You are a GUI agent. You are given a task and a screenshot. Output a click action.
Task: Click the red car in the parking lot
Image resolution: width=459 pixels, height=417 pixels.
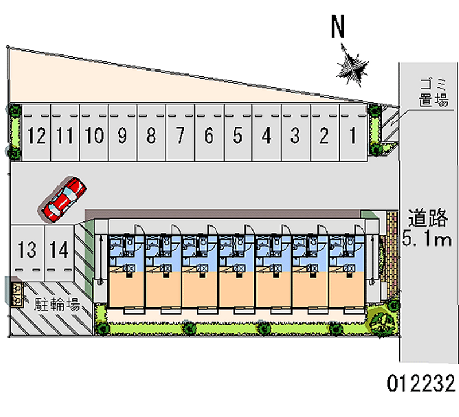pos(63,198)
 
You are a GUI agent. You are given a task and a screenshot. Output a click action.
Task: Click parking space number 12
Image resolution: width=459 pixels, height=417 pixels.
pos(36,136)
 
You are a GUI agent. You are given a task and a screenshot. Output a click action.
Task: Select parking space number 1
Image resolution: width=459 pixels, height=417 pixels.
pos(353,136)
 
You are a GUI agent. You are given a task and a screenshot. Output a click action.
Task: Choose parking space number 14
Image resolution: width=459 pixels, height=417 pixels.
pos(59,250)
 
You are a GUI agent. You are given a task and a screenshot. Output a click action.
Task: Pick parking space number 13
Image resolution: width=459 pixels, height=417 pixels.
pos(27,250)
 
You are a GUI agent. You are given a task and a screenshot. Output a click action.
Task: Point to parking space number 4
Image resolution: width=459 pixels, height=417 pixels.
pos(266,136)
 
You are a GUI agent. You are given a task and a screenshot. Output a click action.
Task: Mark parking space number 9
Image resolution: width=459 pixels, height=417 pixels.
pos(122,136)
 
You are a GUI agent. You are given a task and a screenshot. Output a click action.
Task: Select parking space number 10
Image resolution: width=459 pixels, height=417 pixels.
pos(94,136)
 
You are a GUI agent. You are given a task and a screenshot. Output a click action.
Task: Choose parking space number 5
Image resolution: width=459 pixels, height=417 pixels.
pos(238,136)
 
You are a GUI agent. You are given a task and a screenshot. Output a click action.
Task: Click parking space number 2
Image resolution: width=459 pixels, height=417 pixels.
pos(324,136)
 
